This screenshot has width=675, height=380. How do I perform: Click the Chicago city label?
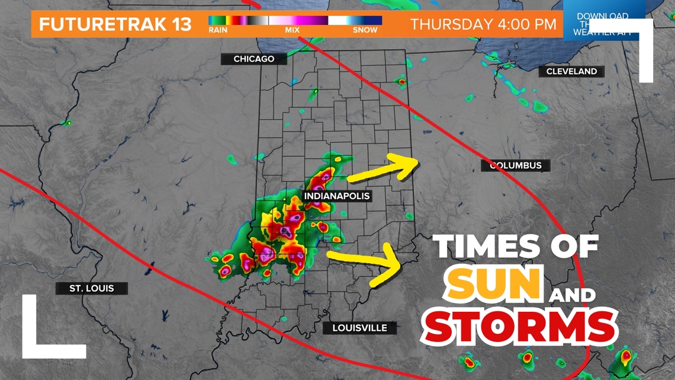point(254,59)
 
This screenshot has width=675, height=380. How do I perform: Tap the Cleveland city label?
point(571,71)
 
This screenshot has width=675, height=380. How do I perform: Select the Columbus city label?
point(516,165)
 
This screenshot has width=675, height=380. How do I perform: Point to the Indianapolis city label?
point(337,196)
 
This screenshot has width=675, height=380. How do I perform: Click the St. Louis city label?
point(91,289)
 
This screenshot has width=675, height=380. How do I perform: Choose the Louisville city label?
point(359,328)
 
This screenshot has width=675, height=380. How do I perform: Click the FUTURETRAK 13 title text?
point(115,24)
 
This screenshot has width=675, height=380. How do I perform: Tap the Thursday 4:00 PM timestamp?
point(483,24)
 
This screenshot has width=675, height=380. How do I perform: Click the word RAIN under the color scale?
point(218,30)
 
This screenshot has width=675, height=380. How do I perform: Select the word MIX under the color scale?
point(292,30)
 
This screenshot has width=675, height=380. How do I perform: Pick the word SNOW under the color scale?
point(365,30)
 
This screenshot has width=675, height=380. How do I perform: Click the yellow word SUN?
point(494,283)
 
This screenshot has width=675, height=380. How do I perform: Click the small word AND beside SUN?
point(571,295)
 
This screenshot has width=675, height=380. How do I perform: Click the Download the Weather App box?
point(602,24)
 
